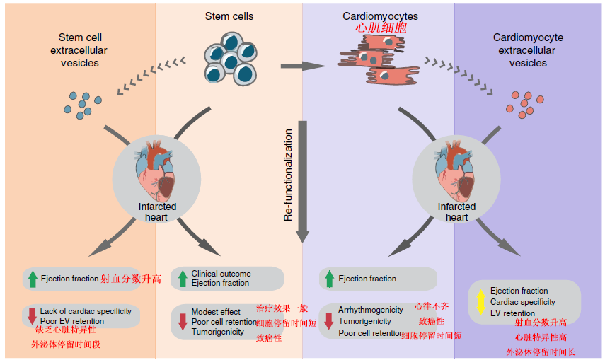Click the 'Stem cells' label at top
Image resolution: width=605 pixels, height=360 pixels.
229,16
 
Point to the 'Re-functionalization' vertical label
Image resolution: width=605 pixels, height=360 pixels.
288,175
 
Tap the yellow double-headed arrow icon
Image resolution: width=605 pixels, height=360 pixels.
480,302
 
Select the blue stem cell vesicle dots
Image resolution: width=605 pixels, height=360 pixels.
80,103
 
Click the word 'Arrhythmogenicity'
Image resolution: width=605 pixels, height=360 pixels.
371,310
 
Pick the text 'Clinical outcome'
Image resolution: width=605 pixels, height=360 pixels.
221,274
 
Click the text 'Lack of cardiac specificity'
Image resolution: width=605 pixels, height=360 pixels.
85,311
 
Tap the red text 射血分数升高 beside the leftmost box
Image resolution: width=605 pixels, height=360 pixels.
131,279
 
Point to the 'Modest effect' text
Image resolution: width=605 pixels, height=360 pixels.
216,312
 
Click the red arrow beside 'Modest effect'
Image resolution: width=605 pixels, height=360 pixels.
182,320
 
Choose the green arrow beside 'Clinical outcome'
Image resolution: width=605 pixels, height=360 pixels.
182,278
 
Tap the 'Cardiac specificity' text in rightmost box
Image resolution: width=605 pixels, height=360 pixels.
524,302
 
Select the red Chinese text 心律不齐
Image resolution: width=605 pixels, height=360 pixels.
432,306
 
